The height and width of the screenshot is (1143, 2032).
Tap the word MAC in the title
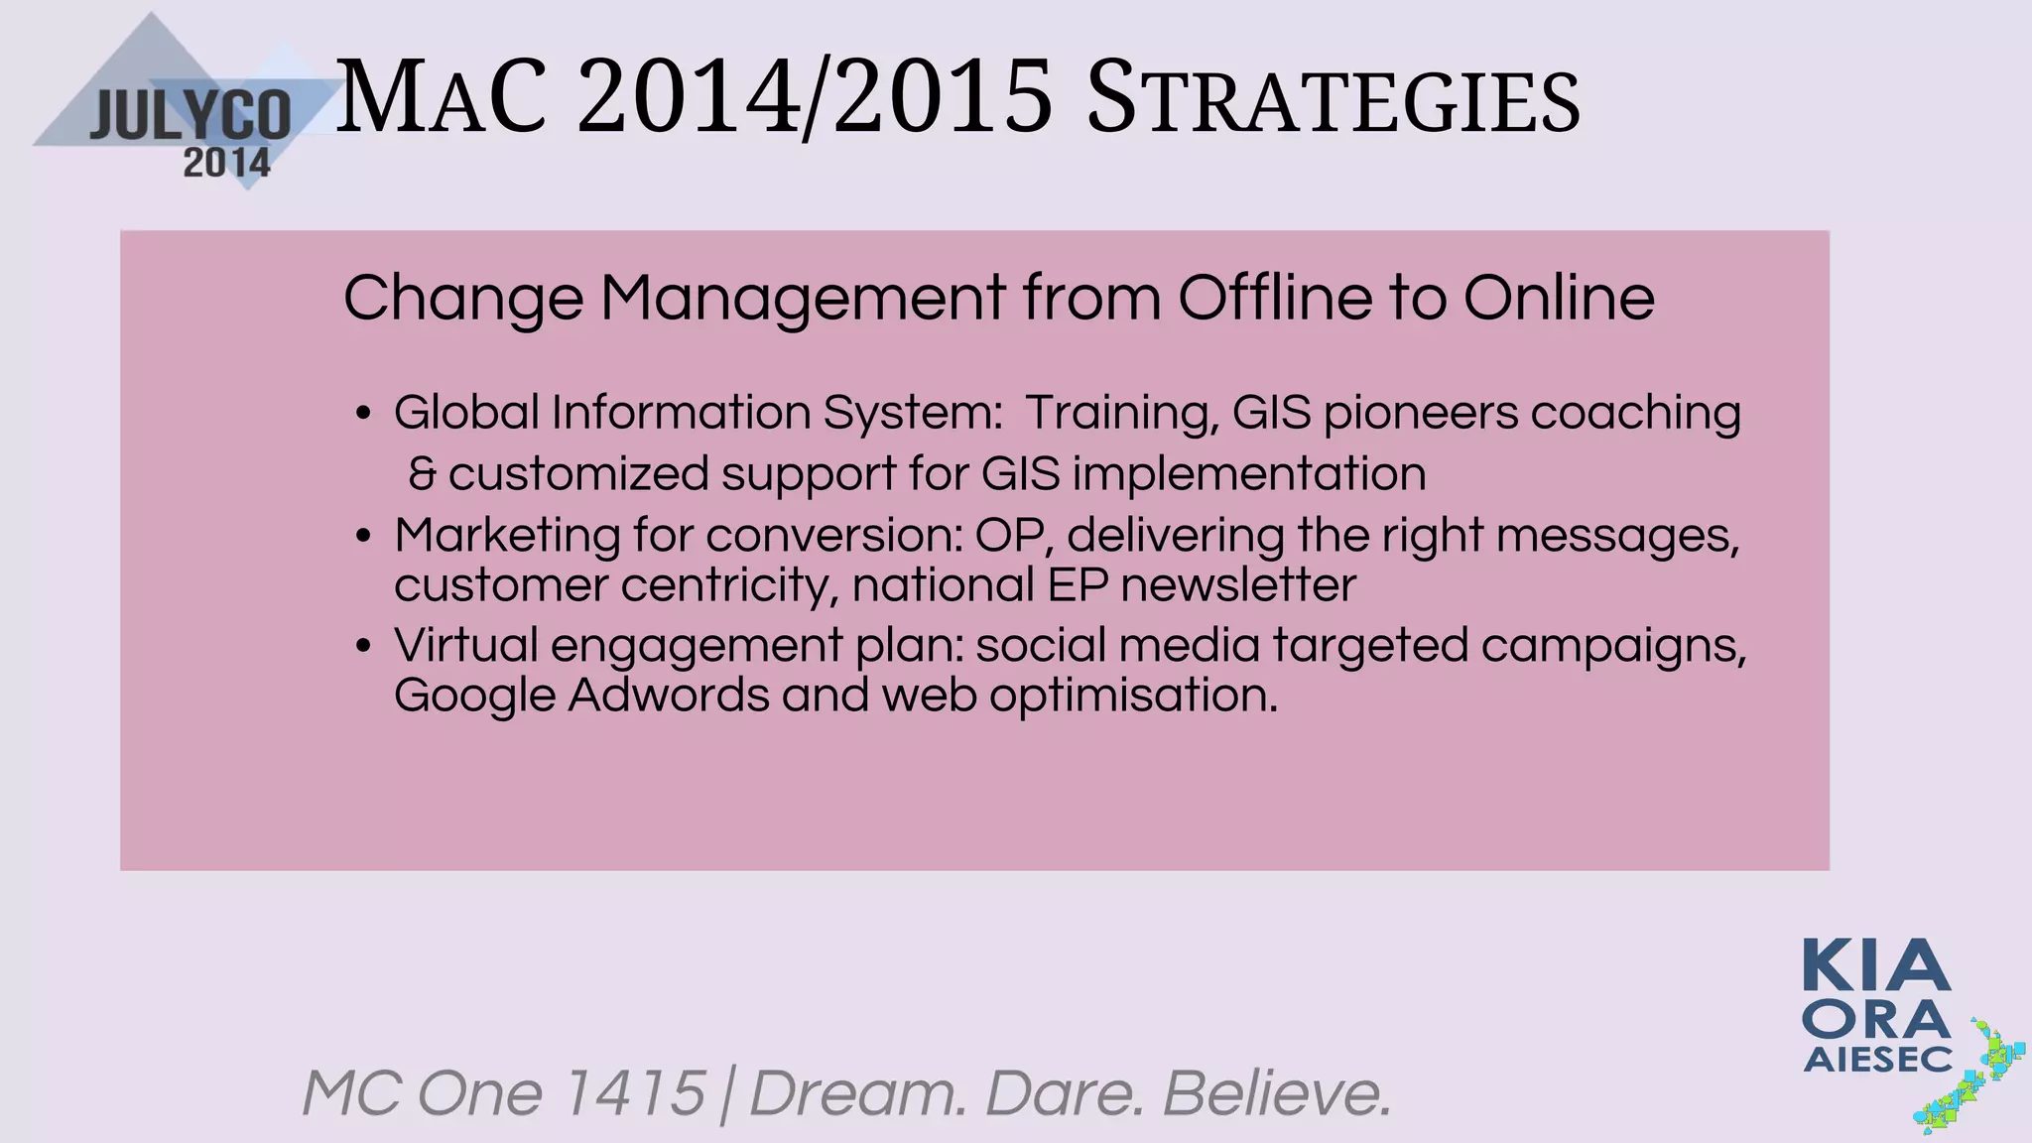click(441, 99)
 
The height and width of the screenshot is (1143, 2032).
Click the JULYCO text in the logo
click(190, 116)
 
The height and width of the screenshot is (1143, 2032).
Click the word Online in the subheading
click(1558, 297)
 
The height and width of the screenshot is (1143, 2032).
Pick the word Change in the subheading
click(462, 299)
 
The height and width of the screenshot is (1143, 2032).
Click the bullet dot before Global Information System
click(363, 414)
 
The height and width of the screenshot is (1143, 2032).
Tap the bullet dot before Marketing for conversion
click(363, 537)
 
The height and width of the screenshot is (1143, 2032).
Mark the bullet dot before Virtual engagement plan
click(363, 647)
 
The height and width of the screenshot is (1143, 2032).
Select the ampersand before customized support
click(422, 474)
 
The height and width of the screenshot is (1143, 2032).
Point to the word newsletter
click(1237, 585)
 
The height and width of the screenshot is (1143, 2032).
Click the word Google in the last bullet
click(474, 697)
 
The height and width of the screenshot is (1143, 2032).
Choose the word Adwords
click(669, 695)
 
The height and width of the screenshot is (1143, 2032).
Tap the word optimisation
click(1133, 697)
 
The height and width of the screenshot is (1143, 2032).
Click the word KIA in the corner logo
click(1876, 966)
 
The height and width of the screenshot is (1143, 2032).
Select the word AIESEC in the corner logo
click(1877, 1060)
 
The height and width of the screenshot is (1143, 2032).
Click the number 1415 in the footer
click(633, 1093)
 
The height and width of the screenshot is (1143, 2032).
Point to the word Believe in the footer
click(1277, 1093)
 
